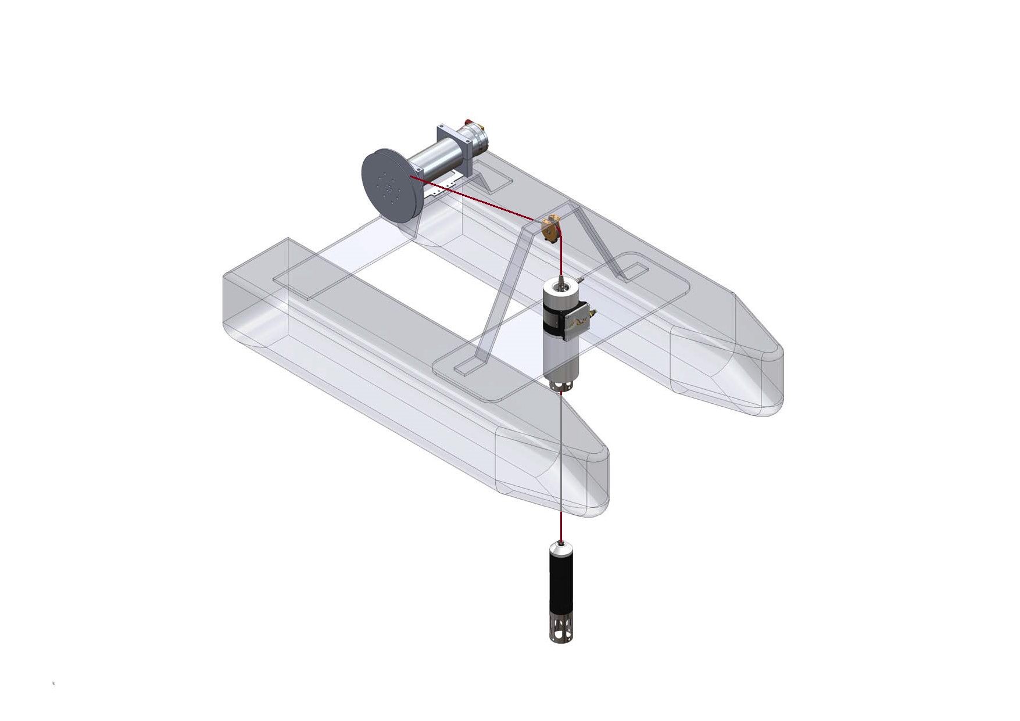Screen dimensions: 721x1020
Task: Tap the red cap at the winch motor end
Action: click(468, 123)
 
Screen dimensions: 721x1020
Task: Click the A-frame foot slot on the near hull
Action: click(467, 367)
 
